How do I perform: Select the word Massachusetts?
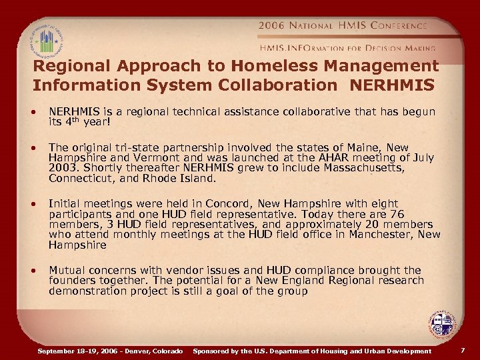[365, 168]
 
